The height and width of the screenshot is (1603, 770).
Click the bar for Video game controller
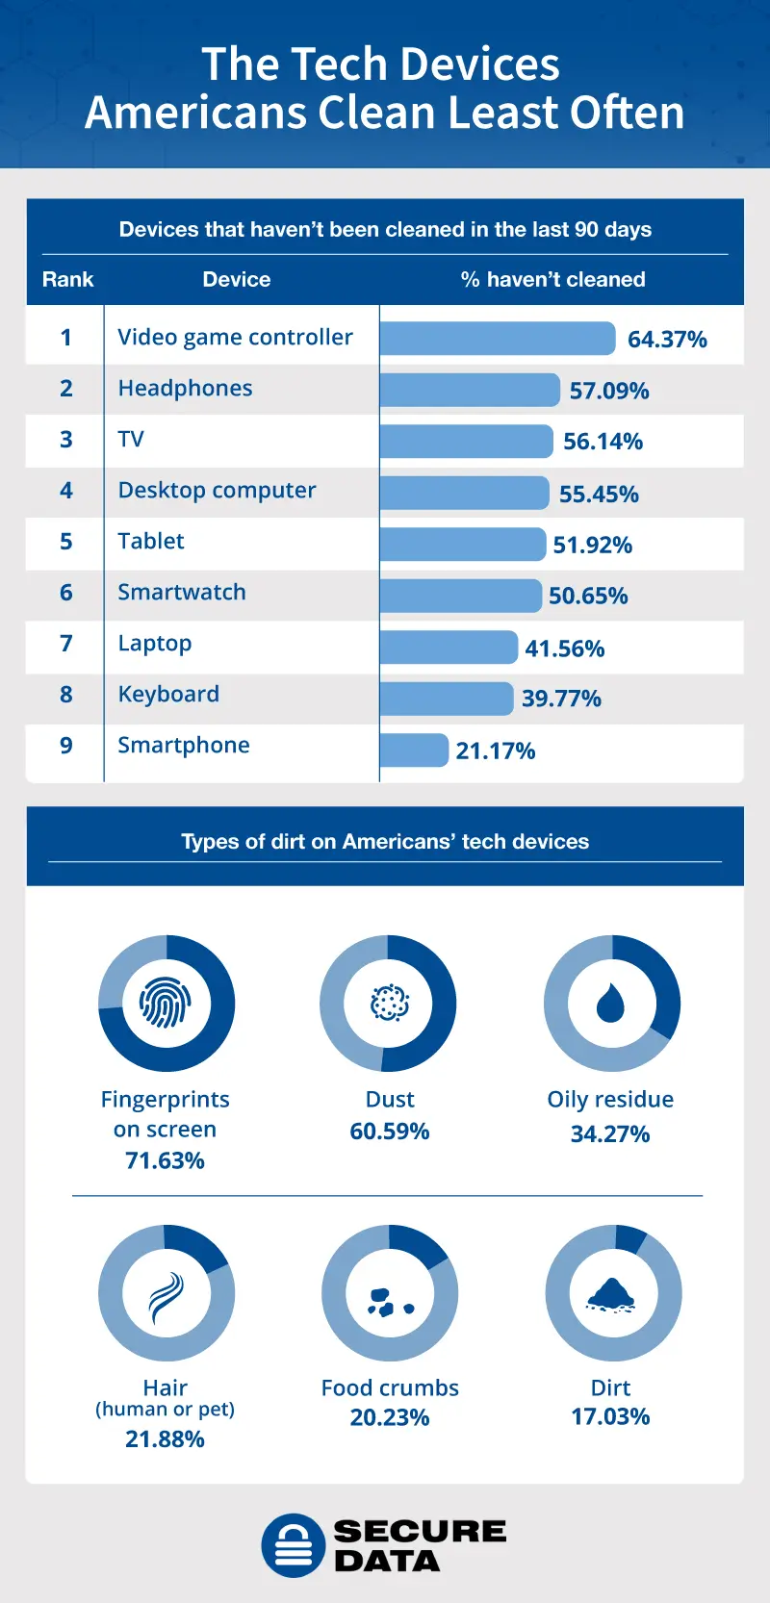tap(497, 339)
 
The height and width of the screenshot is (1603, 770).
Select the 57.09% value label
tap(608, 391)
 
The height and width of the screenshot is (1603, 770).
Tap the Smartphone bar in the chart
tap(414, 750)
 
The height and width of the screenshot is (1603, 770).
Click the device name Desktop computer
tap(217, 490)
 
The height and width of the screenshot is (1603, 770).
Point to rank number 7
tap(65, 643)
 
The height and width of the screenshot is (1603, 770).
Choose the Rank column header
tap(67, 279)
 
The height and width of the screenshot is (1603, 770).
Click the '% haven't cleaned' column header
tap(552, 279)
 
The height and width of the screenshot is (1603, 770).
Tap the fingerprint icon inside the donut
tap(166, 1004)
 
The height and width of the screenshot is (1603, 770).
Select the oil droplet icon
tap(610, 1003)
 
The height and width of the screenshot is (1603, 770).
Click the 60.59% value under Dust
tap(389, 1131)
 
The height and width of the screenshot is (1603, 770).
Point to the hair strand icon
tap(166, 1294)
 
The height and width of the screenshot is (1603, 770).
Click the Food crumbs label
tap(390, 1387)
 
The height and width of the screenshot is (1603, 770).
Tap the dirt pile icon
tap(611, 1294)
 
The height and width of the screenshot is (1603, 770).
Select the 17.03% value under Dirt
tap(610, 1416)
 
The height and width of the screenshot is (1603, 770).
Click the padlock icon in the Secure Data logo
tap(294, 1545)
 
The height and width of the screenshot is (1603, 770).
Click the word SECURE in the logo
tap(420, 1531)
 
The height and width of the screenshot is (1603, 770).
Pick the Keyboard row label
tap(168, 694)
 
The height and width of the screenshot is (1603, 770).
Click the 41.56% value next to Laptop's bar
tap(564, 649)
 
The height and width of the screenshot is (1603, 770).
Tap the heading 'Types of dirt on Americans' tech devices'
tap(385, 841)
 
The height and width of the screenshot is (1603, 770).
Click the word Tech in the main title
tap(333, 64)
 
